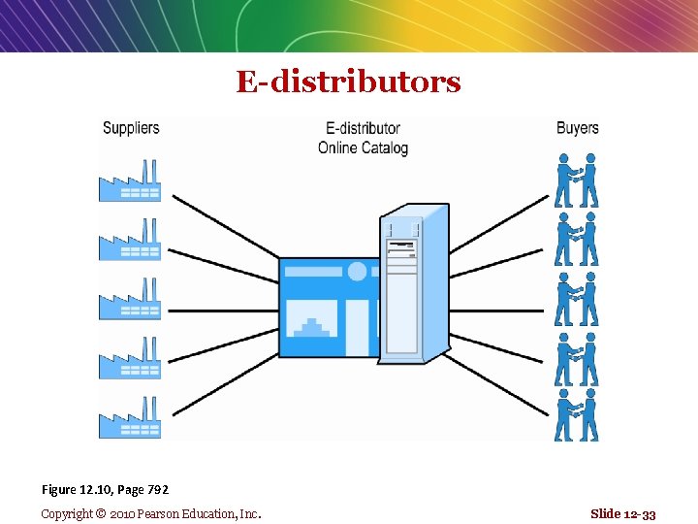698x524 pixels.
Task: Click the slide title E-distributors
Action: [348, 82]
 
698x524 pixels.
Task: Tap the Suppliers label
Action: [131, 127]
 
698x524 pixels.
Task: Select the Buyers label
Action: [577, 127]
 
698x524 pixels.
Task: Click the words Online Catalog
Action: [363, 148]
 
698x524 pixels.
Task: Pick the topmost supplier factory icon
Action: [130, 180]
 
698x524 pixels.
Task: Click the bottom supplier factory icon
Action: [130, 417]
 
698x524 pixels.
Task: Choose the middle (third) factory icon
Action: [130, 299]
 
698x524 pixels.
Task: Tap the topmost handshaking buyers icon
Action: [576, 181]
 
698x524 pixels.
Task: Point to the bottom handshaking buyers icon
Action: [576, 415]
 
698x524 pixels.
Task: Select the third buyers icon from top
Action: [576, 299]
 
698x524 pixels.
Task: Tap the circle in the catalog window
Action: [357, 272]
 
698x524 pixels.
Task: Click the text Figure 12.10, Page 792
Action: [105, 490]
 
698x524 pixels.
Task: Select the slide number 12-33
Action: [622, 513]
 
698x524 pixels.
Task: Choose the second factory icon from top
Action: [130, 240]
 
